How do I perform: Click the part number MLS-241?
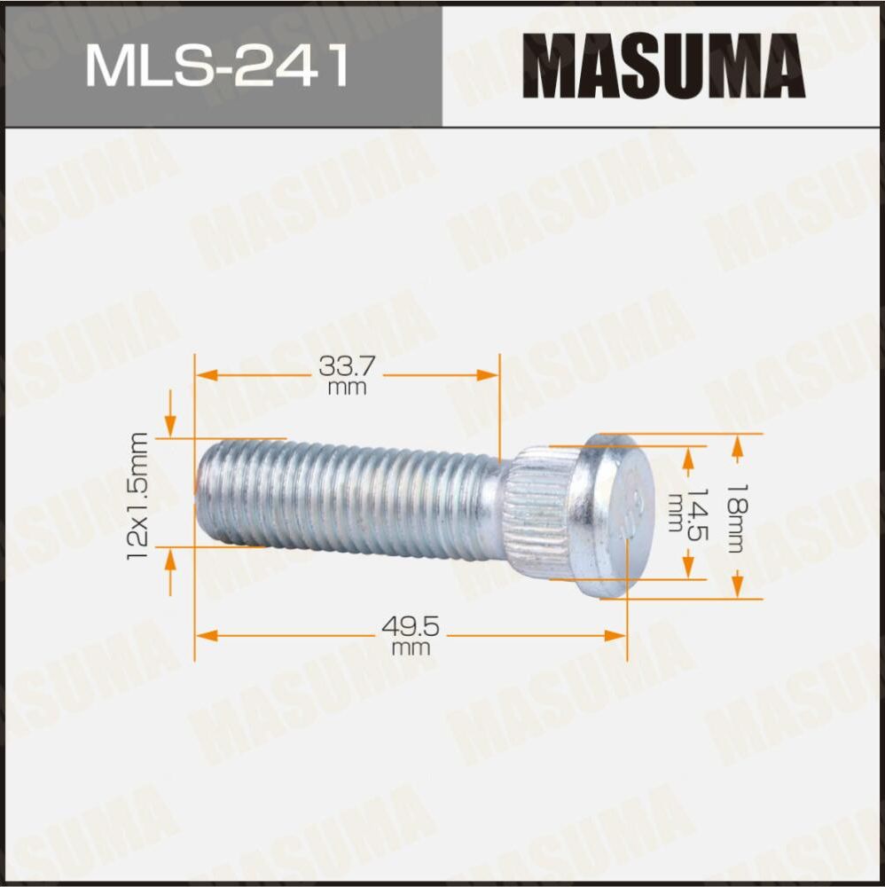tap(217, 67)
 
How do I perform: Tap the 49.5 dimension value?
tap(410, 627)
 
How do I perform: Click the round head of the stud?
tap(614, 514)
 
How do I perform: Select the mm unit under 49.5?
tap(410, 648)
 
